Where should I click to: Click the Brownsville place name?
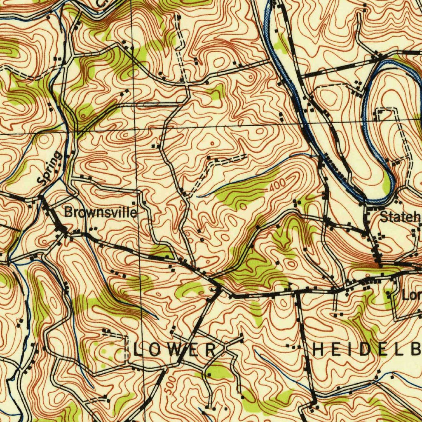point(101,213)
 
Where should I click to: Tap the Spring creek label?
point(49,168)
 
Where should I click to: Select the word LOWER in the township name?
point(174,350)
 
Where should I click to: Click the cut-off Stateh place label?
point(400,216)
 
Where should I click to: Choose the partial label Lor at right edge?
point(412,295)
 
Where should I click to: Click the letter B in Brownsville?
point(68,213)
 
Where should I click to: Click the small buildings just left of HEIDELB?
point(293,347)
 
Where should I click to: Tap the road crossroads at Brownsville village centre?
point(64,232)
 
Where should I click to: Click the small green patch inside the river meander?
point(386,183)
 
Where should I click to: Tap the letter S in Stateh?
point(384,216)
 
